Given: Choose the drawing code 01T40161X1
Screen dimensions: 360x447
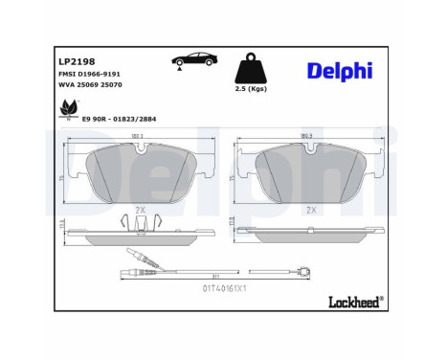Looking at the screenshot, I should tap(225, 287).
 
